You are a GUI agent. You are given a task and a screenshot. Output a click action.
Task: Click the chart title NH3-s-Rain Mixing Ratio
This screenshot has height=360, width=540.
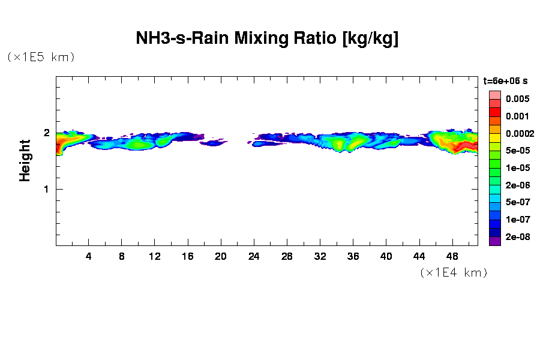pyautogui.click(x=267, y=39)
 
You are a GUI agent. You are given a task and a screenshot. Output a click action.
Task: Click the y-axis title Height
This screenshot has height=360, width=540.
pyautogui.click(x=25, y=160)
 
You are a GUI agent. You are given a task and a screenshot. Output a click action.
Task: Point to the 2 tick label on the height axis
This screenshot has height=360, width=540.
pyautogui.click(x=46, y=133)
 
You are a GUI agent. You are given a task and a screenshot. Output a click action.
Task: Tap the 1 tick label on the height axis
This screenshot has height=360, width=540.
pyautogui.click(x=46, y=189)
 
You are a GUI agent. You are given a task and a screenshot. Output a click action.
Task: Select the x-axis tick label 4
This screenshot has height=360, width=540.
pyautogui.click(x=89, y=256)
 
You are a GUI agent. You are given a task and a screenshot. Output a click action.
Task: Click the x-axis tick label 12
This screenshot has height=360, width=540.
pyautogui.click(x=155, y=256)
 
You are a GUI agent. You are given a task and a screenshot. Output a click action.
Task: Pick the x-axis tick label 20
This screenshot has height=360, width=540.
pyautogui.click(x=221, y=256)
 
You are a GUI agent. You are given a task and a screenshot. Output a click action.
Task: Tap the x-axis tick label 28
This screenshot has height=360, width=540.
pyautogui.click(x=287, y=256)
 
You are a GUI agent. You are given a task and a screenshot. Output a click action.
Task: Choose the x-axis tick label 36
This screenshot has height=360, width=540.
pyautogui.click(x=353, y=256)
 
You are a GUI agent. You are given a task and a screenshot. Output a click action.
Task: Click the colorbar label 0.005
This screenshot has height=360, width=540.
pyautogui.click(x=517, y=99)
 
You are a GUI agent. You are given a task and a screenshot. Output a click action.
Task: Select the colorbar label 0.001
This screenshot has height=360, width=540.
pyautogui.click(x=517, y=116)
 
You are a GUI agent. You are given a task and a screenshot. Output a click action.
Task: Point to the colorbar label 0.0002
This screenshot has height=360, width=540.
pyautogui.click(x=520, y=133)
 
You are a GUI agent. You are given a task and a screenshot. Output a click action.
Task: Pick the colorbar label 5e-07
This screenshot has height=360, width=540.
pyautogui.click(x=517, y=202)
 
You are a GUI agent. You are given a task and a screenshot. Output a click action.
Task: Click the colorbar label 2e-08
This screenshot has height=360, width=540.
pyautogui.click(x=517, y=237)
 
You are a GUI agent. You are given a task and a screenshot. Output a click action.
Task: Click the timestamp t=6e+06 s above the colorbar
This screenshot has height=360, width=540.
pyautogui.click(x=506, y=81)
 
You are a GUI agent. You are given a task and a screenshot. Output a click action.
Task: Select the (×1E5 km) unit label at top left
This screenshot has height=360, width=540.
pyautogui.click(x=41, y=58)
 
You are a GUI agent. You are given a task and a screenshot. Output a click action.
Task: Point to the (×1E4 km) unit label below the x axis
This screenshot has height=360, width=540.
pyautogui.click(x=454, y=273)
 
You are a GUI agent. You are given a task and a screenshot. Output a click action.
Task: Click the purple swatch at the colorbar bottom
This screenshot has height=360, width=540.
pyautogui.click(x=495, y=241)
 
